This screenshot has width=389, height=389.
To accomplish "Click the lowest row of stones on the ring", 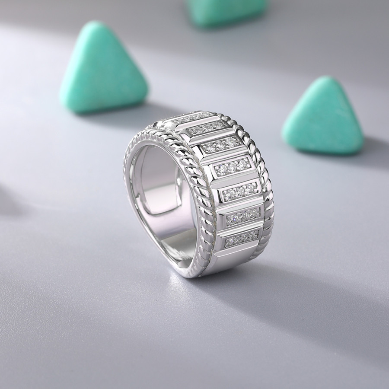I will point(241,237).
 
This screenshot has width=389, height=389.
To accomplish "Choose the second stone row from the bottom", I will point(241,216).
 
